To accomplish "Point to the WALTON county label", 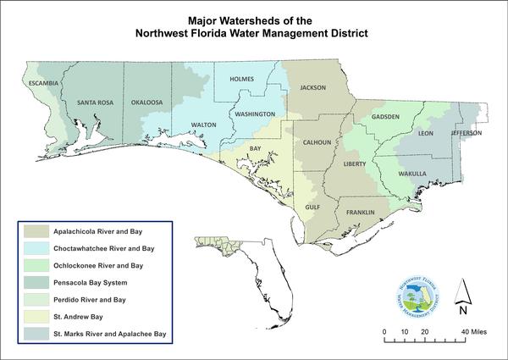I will (204, 125).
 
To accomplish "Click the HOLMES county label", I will (242, 80).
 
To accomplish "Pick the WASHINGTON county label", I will (255, 114).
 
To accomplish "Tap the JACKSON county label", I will (313, 87).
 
